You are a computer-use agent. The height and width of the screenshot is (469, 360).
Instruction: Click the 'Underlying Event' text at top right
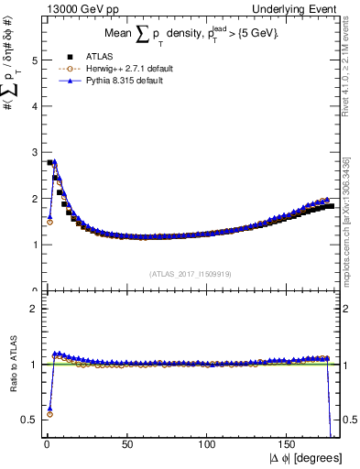pyautogui.click(x=303, y=7)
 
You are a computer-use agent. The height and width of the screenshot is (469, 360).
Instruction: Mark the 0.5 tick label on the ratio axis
pyautogui.click(x=28, y=420)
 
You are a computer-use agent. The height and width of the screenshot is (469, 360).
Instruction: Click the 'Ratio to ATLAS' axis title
pyautogui.click(x=11, y=365)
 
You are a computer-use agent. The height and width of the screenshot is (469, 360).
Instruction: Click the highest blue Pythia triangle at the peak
pyautogui.click(x=55, y=161)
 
